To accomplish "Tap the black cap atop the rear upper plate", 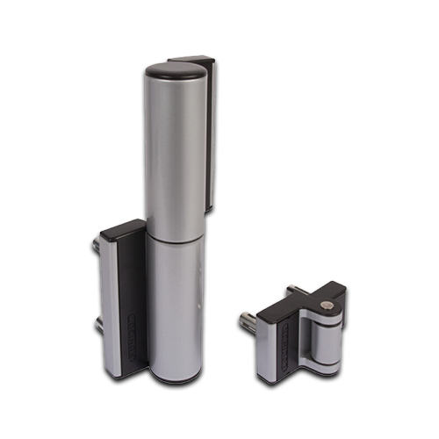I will tap(191, 60).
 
